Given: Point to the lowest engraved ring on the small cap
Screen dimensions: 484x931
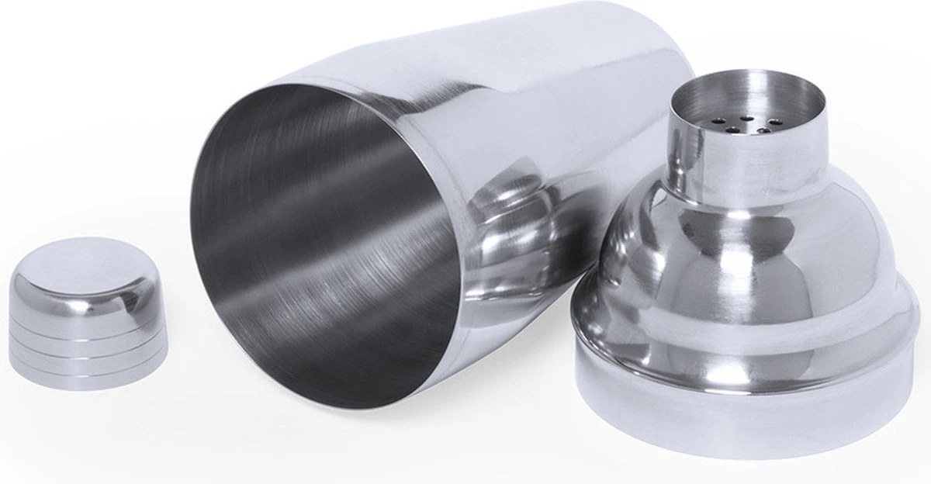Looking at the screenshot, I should (x=89, y=365).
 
